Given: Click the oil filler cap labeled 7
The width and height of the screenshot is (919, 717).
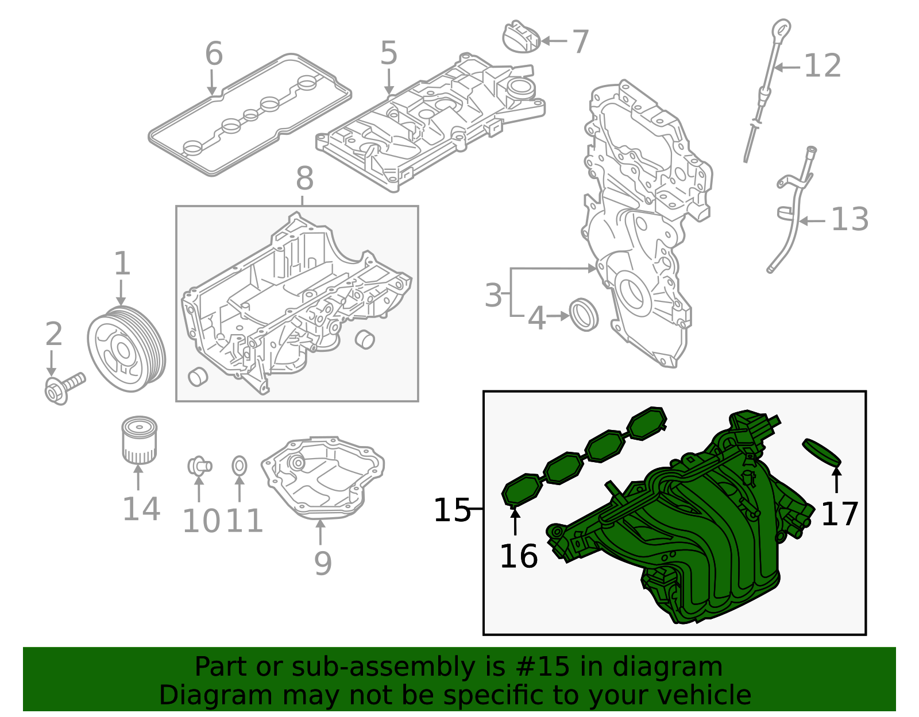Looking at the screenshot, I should pos(521,37).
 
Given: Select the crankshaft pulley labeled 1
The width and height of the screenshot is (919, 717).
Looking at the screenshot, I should pos(126,349).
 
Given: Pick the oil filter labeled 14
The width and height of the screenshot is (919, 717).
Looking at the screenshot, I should pos(139,440).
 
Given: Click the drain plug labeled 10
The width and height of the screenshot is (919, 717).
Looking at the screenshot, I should pos(199,466).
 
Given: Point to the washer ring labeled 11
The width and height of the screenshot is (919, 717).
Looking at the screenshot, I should pos(240,466).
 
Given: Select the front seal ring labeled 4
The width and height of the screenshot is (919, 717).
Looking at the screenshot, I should pos(584,315).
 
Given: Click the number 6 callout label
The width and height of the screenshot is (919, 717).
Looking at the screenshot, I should pos(214,54).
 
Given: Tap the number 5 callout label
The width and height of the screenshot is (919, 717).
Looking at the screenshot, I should pos(389,53).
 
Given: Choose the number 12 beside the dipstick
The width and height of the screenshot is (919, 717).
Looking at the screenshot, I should pos(823,66).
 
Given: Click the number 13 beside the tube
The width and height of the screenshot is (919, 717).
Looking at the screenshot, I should pos(850,220).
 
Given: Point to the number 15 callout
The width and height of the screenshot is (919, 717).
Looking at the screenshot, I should pos(452,510).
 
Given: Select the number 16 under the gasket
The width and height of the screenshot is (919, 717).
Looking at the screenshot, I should pos(519,556).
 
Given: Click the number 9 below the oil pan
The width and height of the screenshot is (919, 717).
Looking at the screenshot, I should pos(323,563).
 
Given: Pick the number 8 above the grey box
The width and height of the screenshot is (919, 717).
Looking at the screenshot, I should pos(304,179).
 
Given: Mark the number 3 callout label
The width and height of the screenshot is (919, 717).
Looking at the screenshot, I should pos(493,296).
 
